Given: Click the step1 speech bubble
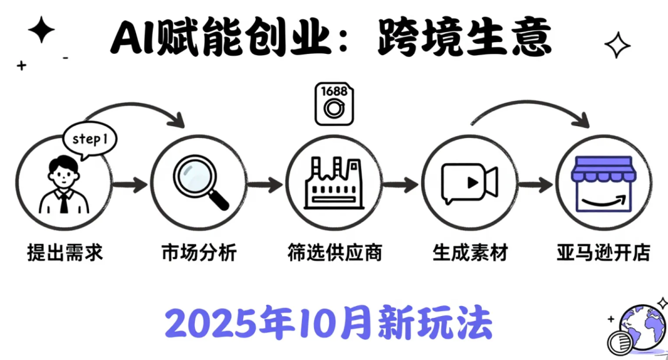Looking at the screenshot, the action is tap(91, 140).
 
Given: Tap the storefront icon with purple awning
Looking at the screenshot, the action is tap(604, 182).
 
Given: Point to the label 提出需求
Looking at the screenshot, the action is tap(65, 253).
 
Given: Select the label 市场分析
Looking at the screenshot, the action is tap(199, 253).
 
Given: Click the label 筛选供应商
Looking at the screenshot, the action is tap(335, 253).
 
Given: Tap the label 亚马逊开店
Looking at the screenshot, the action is tap(603, 253).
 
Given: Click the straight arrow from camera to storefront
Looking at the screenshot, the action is tap(536, 184).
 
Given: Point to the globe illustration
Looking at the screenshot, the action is tap(637, 328).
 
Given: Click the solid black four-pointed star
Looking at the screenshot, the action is tap(41, 31).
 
